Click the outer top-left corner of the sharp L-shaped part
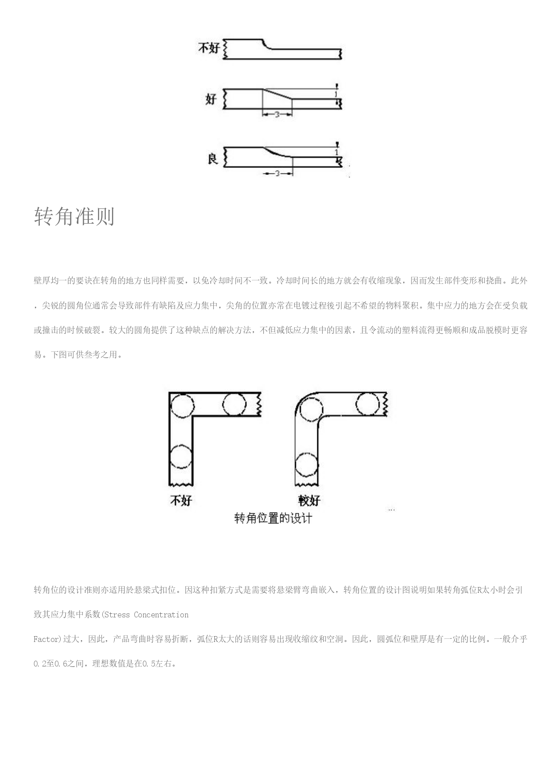coord(169,393)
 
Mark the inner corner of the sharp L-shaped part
coord(192,417)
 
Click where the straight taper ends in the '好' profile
coord(292,99)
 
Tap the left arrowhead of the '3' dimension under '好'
coord(265,115)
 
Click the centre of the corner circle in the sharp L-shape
coord(182,405)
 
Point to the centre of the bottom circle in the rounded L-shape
coord(307,464)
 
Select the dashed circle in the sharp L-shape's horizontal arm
coord(234,405)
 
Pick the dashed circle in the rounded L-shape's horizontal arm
coord(368,404)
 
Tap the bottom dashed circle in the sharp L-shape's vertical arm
coord(181,456)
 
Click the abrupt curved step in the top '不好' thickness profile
coord(266,45)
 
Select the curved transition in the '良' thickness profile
coord(277,152)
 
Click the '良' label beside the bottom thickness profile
coord(213,158)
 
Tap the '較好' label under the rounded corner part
coord(309,500)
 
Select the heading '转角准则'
coord(74,217)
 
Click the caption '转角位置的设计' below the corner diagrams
coord(273,518)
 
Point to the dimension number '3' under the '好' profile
coord(277,115)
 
